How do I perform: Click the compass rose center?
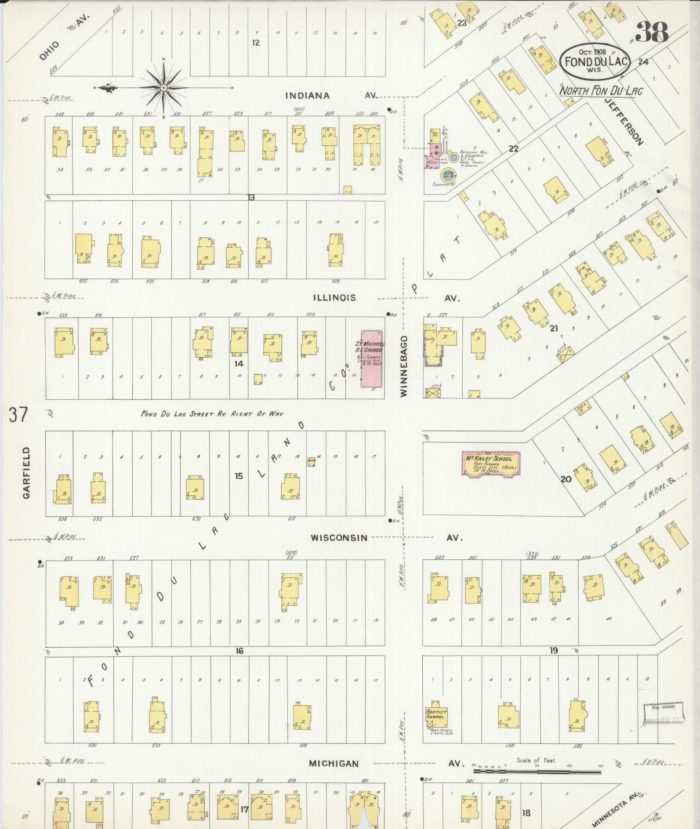pyautogui.click(x=163, y=88)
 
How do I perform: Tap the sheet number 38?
pyautogui.click(x=652, y=32)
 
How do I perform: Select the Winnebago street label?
pyautogui.click(x=404, y=366)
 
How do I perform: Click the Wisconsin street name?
pyautogui.click(x=339, y=538)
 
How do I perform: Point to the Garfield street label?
pyautogui.click(x=27, y=472)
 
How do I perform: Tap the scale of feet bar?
pyautogui.click(x=536, y=771)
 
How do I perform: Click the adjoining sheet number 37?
pyautogui.click(x=18, y=414)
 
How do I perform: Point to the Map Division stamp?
pyautogui.click(x=664, y=712)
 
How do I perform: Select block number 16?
pyautogui.click(x=239, y=651)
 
